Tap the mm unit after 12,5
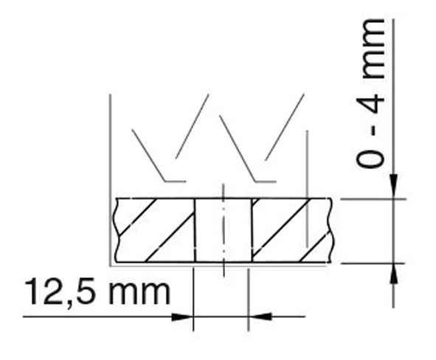click(x=139, y=293)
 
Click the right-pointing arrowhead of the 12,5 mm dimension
click(x=182, y=316)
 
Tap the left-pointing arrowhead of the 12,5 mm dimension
click(x=260, y=316)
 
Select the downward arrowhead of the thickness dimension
click(x=393, y=186)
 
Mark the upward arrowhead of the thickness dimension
click(x=393, y=274)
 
